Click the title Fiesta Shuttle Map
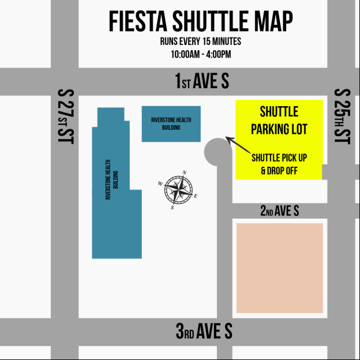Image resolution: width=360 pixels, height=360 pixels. (201, 22)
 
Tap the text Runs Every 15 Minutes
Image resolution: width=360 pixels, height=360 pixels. (201, 42)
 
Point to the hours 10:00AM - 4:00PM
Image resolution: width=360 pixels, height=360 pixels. (201, 54)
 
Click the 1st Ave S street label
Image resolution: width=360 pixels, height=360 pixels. (202, 81)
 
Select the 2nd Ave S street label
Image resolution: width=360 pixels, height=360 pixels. (279, 211)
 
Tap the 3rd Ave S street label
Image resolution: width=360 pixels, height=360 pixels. (204, 331)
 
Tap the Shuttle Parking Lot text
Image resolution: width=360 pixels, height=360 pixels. (279, 120)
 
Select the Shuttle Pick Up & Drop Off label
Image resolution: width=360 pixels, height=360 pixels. (279, 164)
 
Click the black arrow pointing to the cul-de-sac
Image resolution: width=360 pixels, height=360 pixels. (236, 145)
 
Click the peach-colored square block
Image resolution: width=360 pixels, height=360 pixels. (280, 268)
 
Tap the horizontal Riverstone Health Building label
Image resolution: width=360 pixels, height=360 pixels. (171, 123)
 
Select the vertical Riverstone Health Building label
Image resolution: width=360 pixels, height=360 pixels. (111, 179)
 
